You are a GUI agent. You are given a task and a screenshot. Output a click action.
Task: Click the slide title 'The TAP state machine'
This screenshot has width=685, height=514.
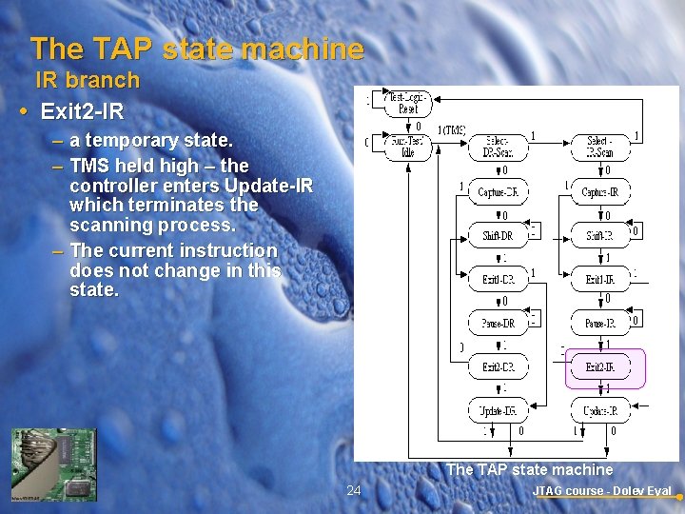tap(197, 49)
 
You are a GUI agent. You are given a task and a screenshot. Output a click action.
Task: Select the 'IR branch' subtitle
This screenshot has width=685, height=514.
tap(88, 80)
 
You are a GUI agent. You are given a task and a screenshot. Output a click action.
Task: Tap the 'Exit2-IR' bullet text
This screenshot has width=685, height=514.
tap(82, 111)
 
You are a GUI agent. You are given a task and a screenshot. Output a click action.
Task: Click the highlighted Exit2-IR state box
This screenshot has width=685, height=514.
tap(606, 367)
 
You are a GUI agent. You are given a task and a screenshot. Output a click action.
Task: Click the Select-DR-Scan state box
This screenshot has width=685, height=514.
tap(498, 147)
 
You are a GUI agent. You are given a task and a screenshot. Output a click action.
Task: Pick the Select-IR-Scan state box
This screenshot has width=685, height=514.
tap(600, 147)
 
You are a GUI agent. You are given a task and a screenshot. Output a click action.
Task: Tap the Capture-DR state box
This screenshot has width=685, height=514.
tap(498, 191)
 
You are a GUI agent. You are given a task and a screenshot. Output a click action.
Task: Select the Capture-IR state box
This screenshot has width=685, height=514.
tap(600, 191)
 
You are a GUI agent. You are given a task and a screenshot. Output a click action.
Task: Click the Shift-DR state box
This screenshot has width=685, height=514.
tap(498, 235)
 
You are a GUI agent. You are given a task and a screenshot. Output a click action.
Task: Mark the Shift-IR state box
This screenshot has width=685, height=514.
tap(600, 235)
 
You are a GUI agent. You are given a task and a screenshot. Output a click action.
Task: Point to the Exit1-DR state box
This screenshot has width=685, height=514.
tap(498, 279)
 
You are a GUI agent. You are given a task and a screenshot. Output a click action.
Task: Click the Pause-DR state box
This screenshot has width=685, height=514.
tap(498, 323)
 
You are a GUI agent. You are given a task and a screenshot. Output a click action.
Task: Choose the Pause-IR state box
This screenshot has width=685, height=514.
tap(600, 323)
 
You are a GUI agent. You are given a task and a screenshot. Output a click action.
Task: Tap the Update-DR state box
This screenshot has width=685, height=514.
tap(498, 410)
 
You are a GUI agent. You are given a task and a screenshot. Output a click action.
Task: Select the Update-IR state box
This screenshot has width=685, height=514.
tap(600, 410)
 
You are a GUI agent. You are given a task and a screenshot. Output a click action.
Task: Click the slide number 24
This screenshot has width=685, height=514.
tap(354, 490)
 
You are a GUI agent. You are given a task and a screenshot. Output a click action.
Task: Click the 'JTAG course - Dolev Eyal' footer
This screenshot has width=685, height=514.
tap(602, 491)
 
